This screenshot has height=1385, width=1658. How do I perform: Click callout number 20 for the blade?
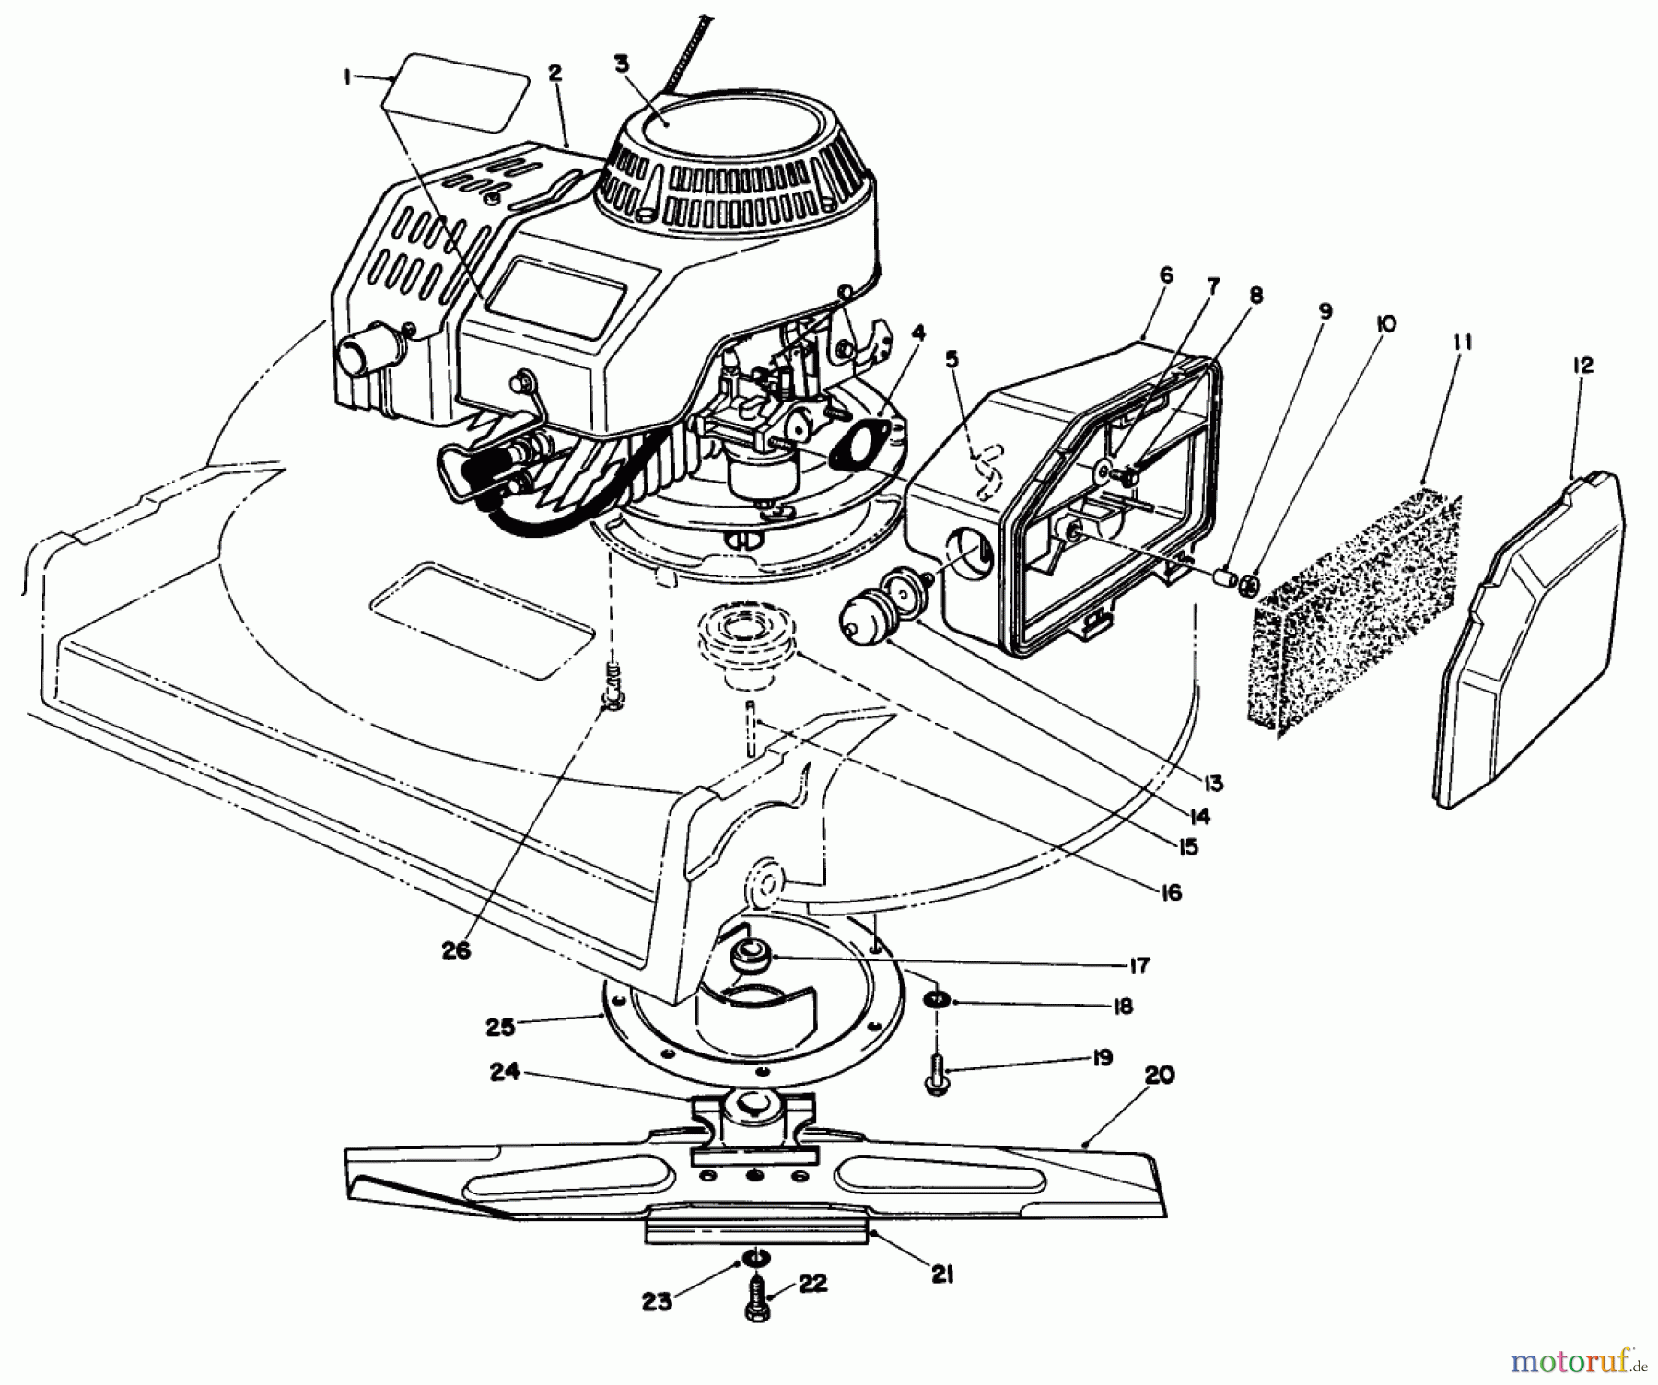(1159, 1075)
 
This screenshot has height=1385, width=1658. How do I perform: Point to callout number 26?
(456, 950)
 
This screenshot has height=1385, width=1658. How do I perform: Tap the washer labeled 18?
(936, 1000)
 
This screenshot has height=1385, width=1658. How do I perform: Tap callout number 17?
(1138, 965)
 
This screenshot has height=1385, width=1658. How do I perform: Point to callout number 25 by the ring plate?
(502, 1024)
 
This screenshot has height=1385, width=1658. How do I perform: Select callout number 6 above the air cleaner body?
(1166, 274)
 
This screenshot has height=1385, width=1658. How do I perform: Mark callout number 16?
(1171, 892)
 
